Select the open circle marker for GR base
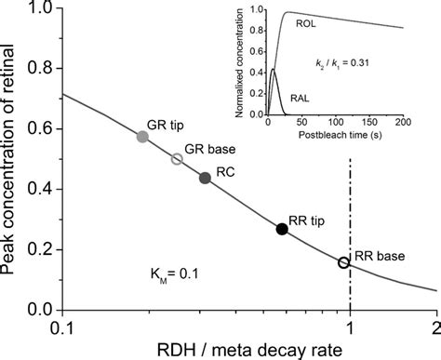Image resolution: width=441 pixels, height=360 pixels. tap(178, 159)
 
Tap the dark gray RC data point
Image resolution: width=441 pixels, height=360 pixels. tap(206, 178)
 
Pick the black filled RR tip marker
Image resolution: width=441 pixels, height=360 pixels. tap(283, 229)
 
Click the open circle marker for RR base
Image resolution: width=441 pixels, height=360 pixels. tap(343, 263)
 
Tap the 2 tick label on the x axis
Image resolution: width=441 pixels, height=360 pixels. tap(434, 326)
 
